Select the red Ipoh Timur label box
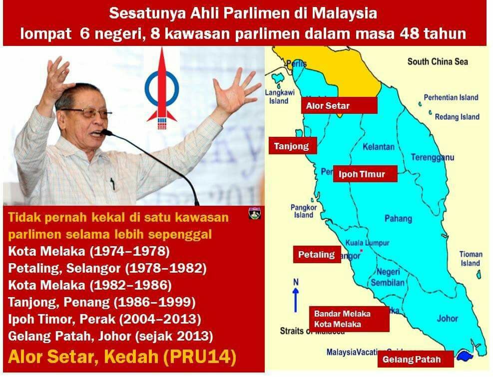point(365,174)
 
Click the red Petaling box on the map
point(317,255)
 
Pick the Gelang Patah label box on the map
point(411,359)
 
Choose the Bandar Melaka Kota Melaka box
point(349,319)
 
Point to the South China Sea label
point(438,61)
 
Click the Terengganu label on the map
point(433,157)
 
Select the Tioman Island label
point(470,259)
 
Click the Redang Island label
point(457,117)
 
